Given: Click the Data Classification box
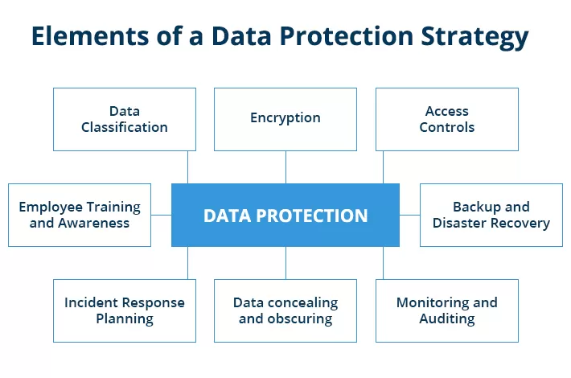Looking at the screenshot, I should [125, 119].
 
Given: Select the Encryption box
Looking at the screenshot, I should [285, 119].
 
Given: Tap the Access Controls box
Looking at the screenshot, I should [447, 119].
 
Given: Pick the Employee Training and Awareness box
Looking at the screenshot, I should [80, 215].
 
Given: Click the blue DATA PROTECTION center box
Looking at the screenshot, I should [285, 215].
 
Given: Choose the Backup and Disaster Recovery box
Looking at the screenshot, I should [491, 215].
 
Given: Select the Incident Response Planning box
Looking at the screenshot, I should [125, 310].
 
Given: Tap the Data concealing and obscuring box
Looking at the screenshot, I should [285, 310].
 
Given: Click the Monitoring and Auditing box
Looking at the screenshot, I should [447, 310].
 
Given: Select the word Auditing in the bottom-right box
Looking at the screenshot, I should [447, 318].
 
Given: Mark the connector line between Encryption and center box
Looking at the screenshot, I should [285, 167].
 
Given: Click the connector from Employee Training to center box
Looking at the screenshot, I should [161, 215].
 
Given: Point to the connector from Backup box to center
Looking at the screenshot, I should [409, 215].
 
